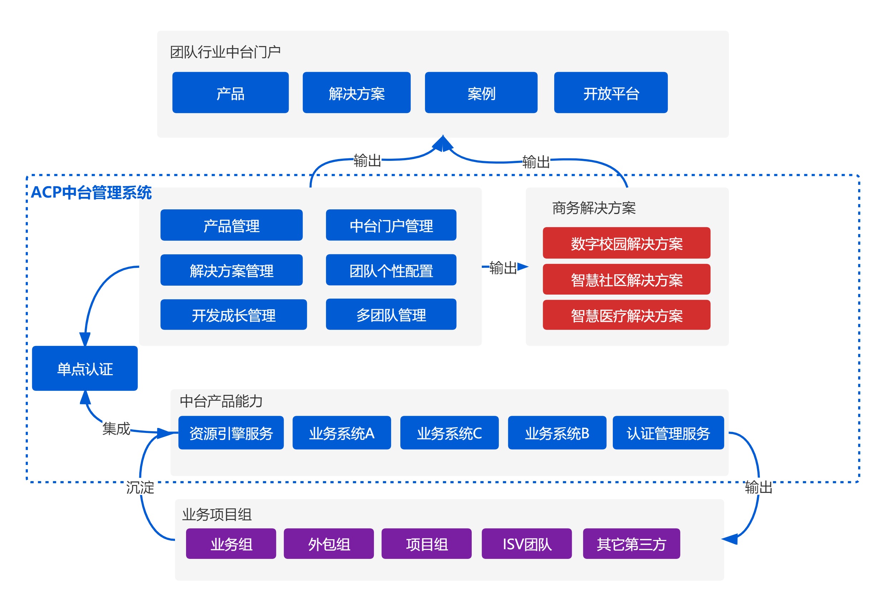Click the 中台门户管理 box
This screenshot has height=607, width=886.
coord(391,225)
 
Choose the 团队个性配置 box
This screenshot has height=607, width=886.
coord(391,270)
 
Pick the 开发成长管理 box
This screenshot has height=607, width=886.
coord(233,315)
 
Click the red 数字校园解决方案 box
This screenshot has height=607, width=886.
coord(626,243)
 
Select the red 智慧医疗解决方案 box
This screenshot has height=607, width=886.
coord(626,315)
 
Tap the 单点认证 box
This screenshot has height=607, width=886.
coord(85,369)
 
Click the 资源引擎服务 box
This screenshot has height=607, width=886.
coord(231,433)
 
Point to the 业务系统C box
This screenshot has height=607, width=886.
coord(449,433)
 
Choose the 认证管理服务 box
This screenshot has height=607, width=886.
coord(668,433)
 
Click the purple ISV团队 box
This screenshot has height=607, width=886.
coord(526,544)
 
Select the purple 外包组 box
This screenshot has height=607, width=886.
coord(329,544)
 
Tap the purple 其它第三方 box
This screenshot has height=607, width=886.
coord(631,544)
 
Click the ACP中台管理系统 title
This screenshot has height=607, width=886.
coord(91,192)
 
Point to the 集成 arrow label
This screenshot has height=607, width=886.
coord(116,428)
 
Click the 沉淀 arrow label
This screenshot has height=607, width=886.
coord(140,488)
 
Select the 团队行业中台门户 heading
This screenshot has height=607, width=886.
coord(225,52)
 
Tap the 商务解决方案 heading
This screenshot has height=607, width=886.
coord(594,208)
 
